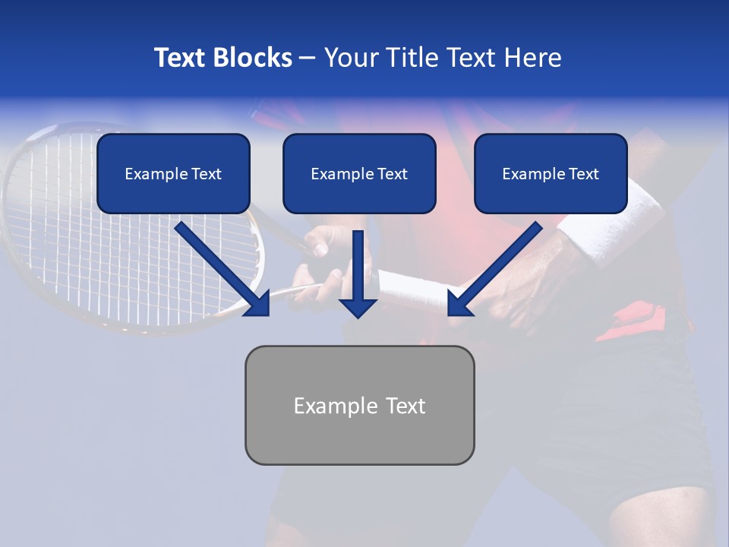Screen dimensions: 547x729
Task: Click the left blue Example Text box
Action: [x=173, y=173]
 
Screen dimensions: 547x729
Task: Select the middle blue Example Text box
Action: [x=359, y=173]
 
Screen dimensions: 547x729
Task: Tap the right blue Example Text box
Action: [x=551, y=173]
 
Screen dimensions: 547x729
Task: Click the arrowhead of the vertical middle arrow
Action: [x=358, y=308]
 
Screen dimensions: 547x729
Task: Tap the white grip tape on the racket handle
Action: [x=410, y=290]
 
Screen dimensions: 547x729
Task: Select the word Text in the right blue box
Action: [x=583, y=174]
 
